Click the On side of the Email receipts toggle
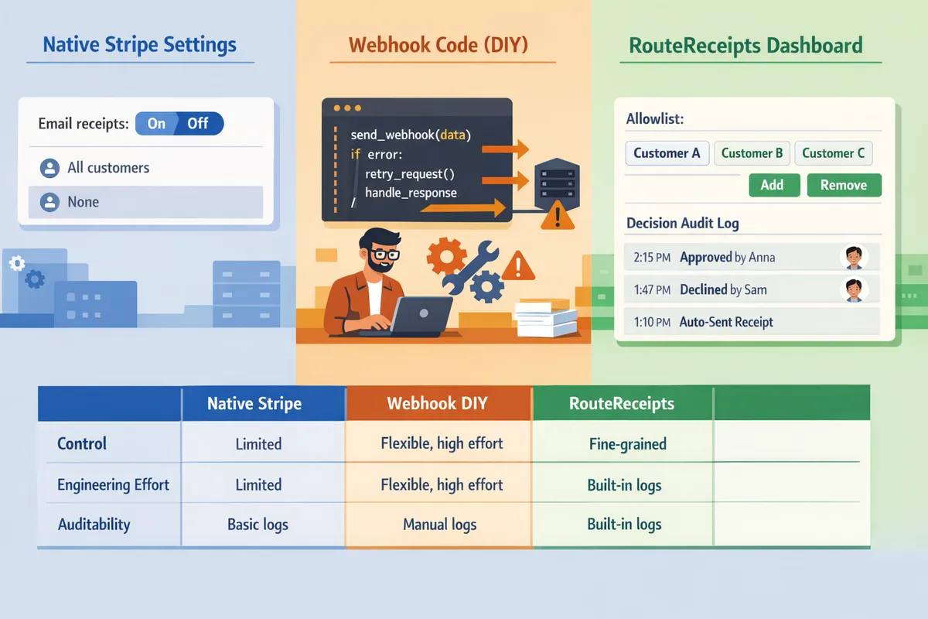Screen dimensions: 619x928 click(x=156, y=124)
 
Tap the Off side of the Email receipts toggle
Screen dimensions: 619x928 click(x=198, y=124)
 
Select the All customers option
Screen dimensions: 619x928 click(x=108, y=168)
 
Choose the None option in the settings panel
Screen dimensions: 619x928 click(x=84, y=202)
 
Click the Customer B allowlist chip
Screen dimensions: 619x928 click(x=751, y=153)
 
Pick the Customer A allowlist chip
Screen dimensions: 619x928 click(x=667, y=153)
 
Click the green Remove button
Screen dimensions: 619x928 click(x=844, y=185)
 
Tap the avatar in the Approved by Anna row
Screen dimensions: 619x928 click(x=853, y=257)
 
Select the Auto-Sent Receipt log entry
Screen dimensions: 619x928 click(x=725, y=322)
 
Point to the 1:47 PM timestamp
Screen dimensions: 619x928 click(x=651, y=290)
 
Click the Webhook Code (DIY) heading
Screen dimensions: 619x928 click(x=438, y=45)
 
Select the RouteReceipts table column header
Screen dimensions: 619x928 click(x=621, y=403)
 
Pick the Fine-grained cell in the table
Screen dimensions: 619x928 click(x=626, y=444)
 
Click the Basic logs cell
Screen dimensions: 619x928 click(x=258, y=525)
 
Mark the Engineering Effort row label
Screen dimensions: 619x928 click(x=113, y=485)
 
